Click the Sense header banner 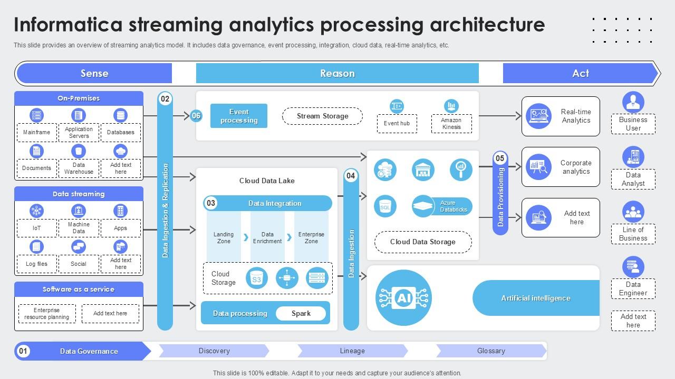pyautogui.click(x=94, y=73)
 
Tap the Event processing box pyautogui.click(x=239, y=116)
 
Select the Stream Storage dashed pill pyautogui.click(x=322, y=116)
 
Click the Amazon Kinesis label pyautogui.click(x=451, y=124)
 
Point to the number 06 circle pyautogui.click(x=196, y=116)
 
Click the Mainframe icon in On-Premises pyautogui.click(x=36, y=115)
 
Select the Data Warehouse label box pyautogui.click(x=79, y=168)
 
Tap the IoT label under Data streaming pyautogui.click(x=36, y=228)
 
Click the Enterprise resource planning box pyautogui.click(x=47, y=314)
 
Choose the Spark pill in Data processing pyautogui.click(x=301, y=313)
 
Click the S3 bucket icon pyautogui.click(x=257, y=278)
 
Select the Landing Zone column pyautogui.click(x=224, y=237)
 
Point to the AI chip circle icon pyautogui.click(x=403, y=298)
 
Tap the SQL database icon pyautogui.click(x=385, y=206)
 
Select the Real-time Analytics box pyautogui.click(x=561, y=116)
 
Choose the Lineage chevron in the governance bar pyautogui.click(x=352, y=351)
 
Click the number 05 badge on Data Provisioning pyautogui.click(x=500, y=158)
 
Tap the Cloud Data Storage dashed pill pyautogui.click(x=422, y=242)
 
